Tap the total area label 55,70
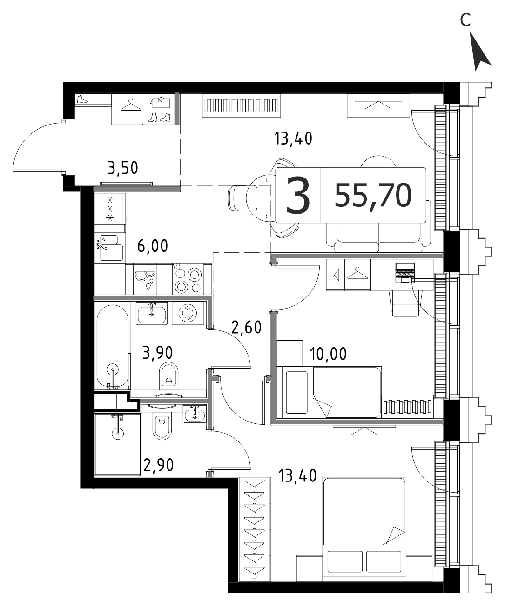373,196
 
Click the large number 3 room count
298,196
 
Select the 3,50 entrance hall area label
123,168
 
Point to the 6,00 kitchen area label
152,246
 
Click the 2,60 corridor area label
246,327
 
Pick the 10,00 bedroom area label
328,354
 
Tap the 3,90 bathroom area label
157,353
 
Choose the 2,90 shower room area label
158,465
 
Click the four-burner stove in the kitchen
188,279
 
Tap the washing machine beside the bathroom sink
188,313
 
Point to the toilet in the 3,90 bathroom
168,376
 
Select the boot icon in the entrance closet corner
82,99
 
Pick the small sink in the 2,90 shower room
195,414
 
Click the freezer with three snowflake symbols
110,208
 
